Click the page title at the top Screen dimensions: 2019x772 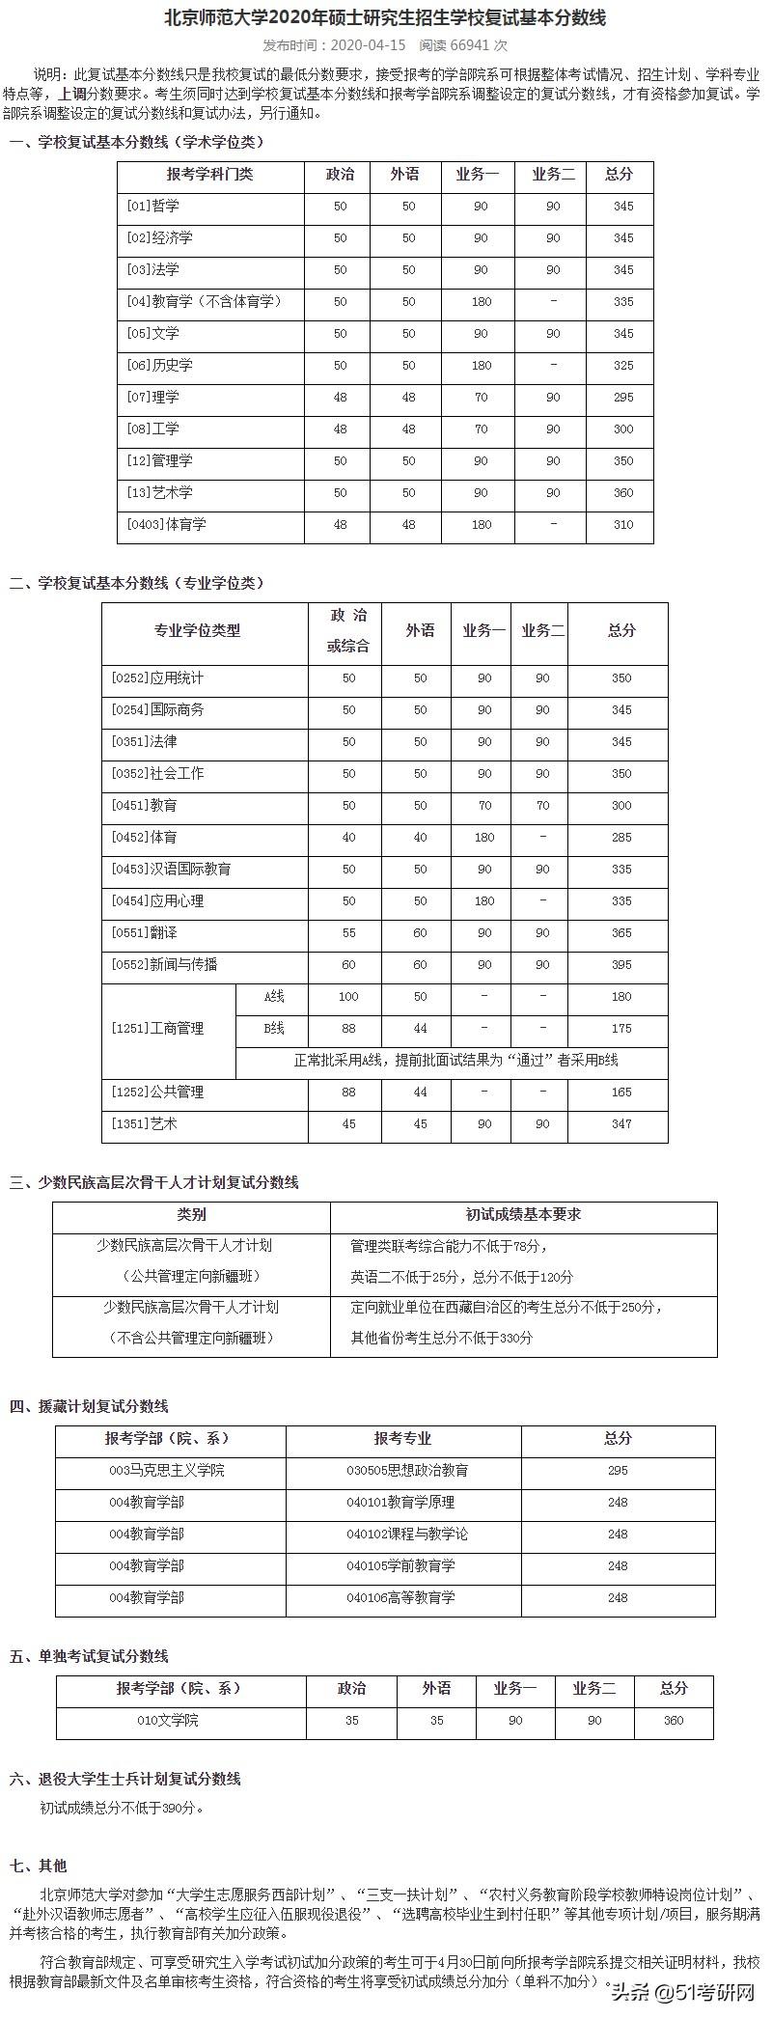pos(385,18)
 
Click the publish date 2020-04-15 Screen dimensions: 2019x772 pos(370,45)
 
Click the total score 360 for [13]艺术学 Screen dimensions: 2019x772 pos(623,492)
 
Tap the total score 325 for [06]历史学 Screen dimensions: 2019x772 pos(623,365)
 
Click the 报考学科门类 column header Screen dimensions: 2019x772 pos(209,175)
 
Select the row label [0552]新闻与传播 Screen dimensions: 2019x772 pos(164,964)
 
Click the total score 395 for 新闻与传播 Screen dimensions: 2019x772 pos(621,964)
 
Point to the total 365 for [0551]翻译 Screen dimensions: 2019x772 pos(621,932)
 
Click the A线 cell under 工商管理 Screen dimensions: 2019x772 pos(274,996)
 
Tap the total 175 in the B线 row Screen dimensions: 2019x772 pos(621,1028)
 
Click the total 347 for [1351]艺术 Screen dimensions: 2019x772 pos(621,1123)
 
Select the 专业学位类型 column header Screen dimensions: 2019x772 pos(197,630)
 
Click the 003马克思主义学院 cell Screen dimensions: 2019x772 pos(167,1470)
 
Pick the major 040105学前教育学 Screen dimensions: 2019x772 pos(400,1565)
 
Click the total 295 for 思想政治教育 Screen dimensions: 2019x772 pos(618,1470)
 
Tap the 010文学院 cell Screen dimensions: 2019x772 pos(168,1720)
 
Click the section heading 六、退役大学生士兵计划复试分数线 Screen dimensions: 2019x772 pos(125,1779)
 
